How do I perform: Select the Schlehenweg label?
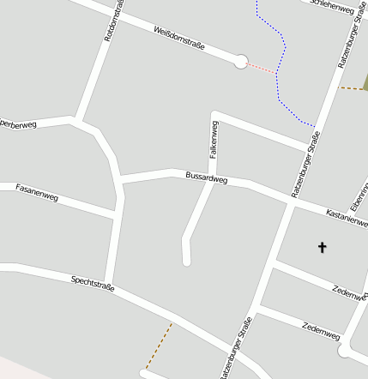click(x=331, y=6)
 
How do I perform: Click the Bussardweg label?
click(x=206, y=178)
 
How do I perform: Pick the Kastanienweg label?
click(x=347, y=216)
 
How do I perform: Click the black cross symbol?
click(x=323, y=248)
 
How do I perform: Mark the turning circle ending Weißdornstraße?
click(x=241, y=61)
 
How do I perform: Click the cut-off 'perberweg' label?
click(x=19, y=125)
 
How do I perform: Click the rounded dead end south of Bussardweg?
click(x=186, y=261)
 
